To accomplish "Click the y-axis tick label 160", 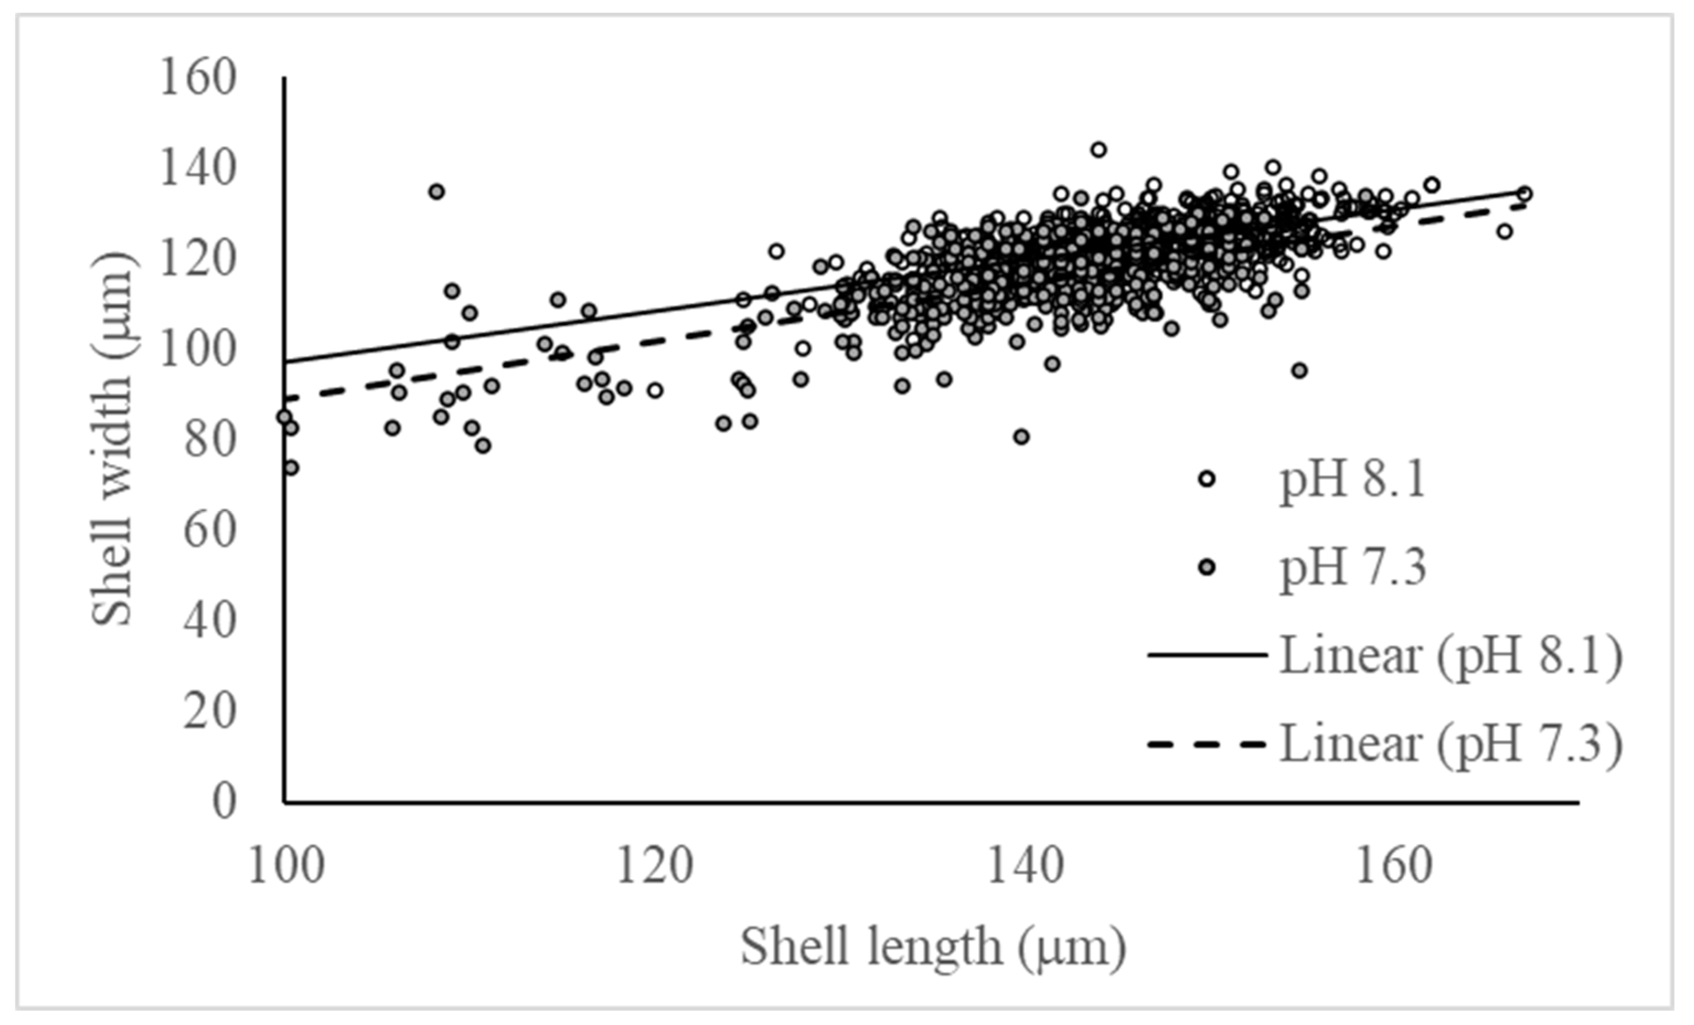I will pyautogui.click(x=197, y=78).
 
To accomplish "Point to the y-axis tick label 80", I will pyautogui.click(x=210, y=440).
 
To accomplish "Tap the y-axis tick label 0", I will pyautogui.click(x=223, y=802).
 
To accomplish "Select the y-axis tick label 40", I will pyautogui.click(x=210, y=621).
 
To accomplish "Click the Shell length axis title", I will pyautogui.click(x=933, y=947).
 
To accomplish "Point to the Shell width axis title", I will pyautogui.click(x=112, y=440).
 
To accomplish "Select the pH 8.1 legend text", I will pyautogui.click(x=1353, y=480).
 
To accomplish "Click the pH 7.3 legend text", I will pyautogui.click(x=1353, y=568).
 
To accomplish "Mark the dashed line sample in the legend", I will pyautogui.click(x=1206, y=744).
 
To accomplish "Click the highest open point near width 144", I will pyautogui.click(x=1099, y=149).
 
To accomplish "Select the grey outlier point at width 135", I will pyautogui.click(x=436, y=191).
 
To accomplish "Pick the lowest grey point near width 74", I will pyautogui.click(x=291, y=467).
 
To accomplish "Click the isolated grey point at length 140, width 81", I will pyautogui.click(x=1021, y=436).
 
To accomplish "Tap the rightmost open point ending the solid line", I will pyautogui.click(x=1524, y=193).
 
